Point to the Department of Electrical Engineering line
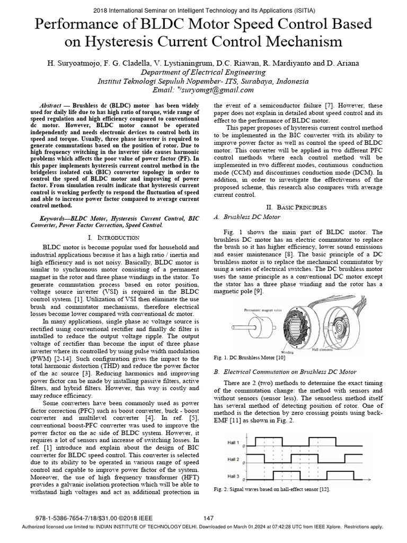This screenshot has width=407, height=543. [203, 72]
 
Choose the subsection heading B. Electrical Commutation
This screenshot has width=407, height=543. [284, 372]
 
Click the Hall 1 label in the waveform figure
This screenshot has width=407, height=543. [234, 442]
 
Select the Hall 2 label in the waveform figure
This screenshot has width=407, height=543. [234, 459]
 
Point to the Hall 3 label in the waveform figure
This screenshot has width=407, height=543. [234, 475]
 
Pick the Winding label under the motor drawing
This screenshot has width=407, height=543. [288, 350]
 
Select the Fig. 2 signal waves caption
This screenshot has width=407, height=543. [271, 489]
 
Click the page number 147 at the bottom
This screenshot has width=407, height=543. [209, 518]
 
